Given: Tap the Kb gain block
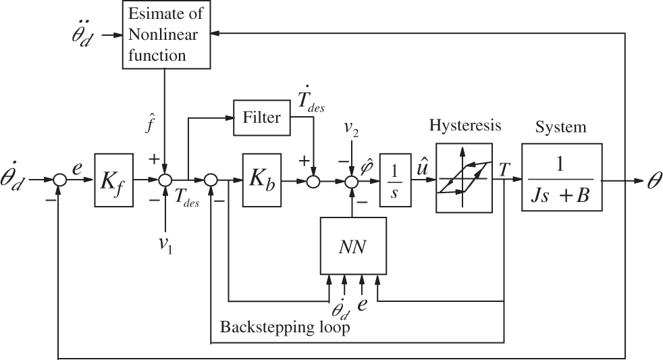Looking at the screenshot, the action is click(262, 180).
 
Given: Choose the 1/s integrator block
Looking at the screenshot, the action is click(396, 180).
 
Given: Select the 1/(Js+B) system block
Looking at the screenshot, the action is click(562, 177).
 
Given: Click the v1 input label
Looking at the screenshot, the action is click(165, 245).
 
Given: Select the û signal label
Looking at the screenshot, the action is click(423, 168).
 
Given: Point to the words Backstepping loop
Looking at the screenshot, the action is click(285, 327).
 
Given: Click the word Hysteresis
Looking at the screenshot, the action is click(465, 125).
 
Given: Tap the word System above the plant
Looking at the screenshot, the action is click(560, 127).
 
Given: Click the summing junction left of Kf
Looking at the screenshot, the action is click(60, 180).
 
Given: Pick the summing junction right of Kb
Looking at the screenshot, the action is click(313, 180).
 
